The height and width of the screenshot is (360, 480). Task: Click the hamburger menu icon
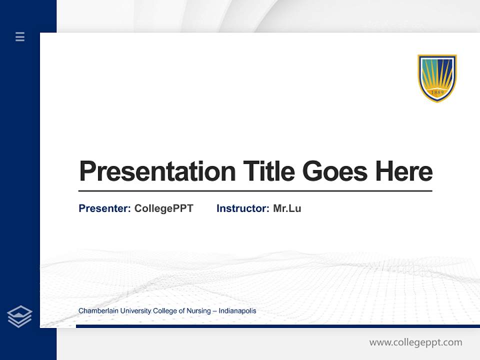point(20,36)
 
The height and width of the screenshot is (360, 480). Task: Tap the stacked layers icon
point(19,316)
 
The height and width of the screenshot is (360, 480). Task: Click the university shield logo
point(437,78)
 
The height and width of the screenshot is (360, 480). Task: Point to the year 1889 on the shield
point(437,92)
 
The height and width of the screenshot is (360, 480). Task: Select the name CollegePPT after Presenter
point(163,208)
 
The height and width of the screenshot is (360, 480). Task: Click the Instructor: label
point(242,208)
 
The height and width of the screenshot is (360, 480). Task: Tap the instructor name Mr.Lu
point(287,208)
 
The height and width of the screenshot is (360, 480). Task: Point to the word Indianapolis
point(237,311)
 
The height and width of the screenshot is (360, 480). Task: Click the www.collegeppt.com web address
point(415,342)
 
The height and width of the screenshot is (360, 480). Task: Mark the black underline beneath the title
point(255,191)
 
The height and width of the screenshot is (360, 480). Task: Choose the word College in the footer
point(165,311)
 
